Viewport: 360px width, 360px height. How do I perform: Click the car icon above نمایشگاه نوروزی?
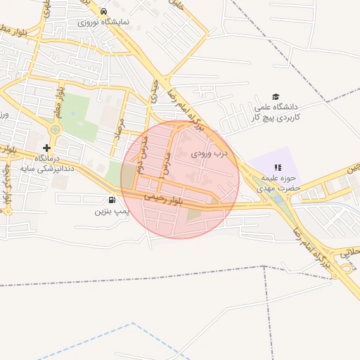[104, 12]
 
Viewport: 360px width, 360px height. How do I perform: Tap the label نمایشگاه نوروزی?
[104, 22]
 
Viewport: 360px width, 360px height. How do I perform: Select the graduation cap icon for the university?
[276, 97]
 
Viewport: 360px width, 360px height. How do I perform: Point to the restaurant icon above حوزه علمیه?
[277, 167]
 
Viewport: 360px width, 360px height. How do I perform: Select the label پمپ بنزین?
[112, 210]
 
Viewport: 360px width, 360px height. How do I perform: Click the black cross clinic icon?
[46, 148]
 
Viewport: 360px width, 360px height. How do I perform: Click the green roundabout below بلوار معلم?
[55, 130]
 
